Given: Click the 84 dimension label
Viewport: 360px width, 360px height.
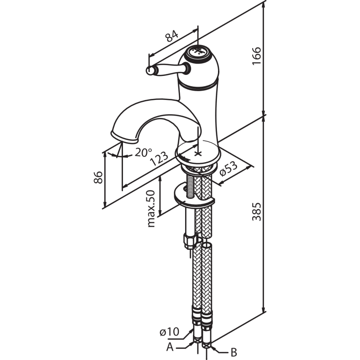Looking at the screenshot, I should point(171,36).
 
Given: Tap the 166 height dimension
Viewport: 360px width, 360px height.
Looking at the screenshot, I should point(258,58).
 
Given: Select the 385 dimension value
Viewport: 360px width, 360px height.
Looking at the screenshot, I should point(258,212).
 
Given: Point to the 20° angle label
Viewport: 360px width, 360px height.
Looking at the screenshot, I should point(144,152).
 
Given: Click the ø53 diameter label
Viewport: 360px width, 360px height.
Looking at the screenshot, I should point(228,168).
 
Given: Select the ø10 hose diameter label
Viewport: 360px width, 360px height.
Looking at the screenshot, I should point(169,332).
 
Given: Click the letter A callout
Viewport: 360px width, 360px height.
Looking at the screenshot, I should point(169,347).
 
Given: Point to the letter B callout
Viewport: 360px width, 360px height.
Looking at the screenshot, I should point(234,351).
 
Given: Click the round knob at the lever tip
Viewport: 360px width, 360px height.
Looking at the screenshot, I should point(150,72).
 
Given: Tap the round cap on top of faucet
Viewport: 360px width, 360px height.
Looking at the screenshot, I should point(197,52).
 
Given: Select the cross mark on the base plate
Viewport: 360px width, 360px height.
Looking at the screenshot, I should point(198,153).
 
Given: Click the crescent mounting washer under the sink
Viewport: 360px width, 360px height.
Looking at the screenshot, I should point(194,195).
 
